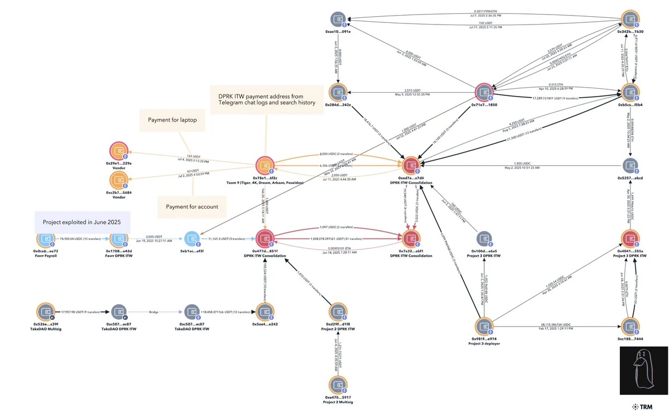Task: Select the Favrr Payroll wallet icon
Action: click(x=45, y=239)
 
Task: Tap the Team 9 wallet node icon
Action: click(x=264, y=165)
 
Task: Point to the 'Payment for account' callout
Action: click(x=192, y=207)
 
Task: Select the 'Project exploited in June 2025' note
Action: click(x=81, y=222)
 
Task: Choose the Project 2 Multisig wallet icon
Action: click(x=337, y=385)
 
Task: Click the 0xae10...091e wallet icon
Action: click(x=338, y=19)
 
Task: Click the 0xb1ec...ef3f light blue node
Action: click(x=191, y=239)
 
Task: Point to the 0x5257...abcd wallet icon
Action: click(x=631, y=165)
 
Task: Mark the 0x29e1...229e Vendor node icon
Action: click(x=118, y=150)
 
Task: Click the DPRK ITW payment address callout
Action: click(x=267, y=99)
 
